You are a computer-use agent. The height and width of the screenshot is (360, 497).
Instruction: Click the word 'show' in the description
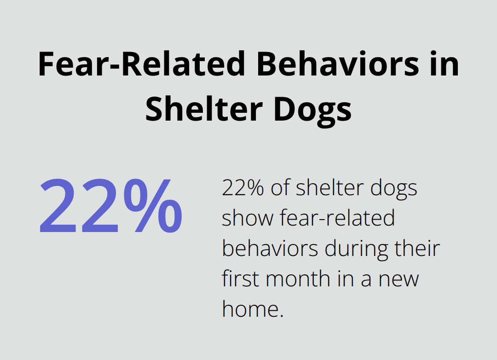point(247,218)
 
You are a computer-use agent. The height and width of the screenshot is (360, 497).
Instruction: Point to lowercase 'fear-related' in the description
point(337,218)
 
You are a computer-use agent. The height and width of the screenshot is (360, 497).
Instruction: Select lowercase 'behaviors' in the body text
point(270,249)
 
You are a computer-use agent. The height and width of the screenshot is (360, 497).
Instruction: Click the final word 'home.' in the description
point(252,309)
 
